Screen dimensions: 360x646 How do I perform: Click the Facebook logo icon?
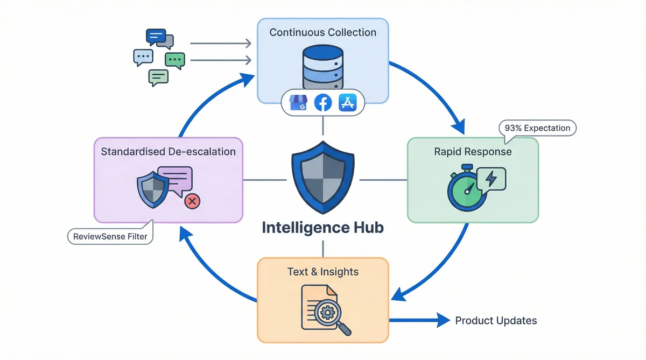[322, 103]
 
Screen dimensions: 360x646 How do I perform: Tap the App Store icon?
[347, 103]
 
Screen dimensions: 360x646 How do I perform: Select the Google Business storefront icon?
[298, 103]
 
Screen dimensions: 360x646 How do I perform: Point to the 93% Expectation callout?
[537, 128]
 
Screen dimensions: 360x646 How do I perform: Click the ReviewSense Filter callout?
[110, 236]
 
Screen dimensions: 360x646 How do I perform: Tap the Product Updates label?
[496, 321]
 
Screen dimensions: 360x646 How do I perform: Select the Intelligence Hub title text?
[322, 228]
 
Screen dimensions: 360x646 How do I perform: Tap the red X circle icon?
[192, 201]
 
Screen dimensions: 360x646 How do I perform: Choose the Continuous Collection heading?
[322, 32]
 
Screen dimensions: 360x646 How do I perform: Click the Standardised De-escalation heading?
[168, 152]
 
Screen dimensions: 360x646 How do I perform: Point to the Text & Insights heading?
[322, 272]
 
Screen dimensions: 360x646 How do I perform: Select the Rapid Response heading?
[473, 152]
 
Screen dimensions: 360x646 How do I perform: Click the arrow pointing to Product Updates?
[420, 321]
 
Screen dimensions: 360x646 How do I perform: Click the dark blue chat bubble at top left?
[156, 37]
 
